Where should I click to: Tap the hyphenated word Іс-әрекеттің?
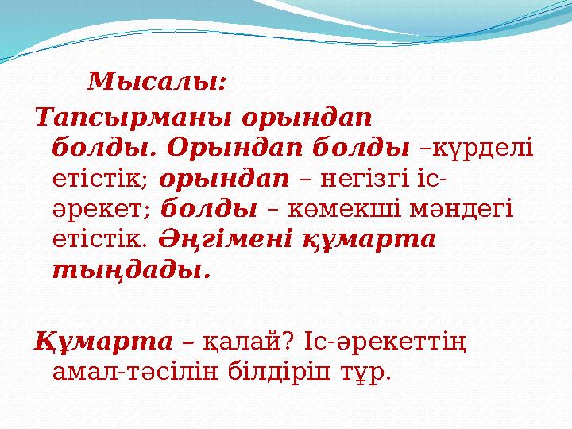[385, 342]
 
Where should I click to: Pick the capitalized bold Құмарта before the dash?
[103, 342]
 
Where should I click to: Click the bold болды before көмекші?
[209, 209]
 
